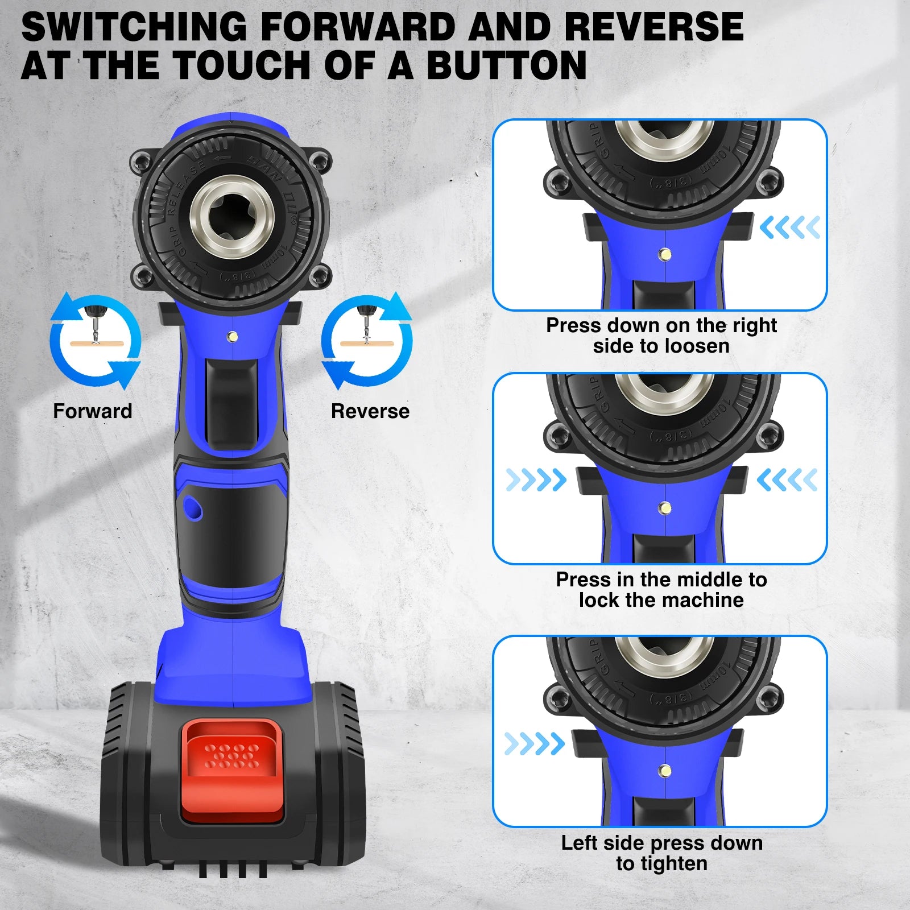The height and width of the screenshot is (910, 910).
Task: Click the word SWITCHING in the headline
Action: [x=134, y=27]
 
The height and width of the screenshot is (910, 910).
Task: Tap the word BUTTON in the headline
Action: [x=506, y=65]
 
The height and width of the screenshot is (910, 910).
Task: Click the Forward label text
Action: [x=92, y=411]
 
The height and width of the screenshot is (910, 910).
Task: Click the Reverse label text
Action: [x=370, y=411]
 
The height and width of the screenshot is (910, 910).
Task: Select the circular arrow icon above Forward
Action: [x=95, y=341]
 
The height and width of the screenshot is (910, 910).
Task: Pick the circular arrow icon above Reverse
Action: [x=367, y=341]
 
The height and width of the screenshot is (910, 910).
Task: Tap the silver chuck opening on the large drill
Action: [x=233, y=216]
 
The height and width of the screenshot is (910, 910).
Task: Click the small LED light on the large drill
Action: [x=232, y=337]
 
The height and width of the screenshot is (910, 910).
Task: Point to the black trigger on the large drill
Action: [x=231, y=404]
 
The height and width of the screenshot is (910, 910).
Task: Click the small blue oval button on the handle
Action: [x=192, y=507]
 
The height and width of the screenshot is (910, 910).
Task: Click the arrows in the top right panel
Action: [x=790, y=227]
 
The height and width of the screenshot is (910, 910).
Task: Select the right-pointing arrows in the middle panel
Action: [x=536, y=480]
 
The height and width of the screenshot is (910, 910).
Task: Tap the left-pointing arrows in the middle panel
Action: [x=787, y=480]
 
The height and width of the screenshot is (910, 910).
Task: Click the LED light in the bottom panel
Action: [x=664, y=771]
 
